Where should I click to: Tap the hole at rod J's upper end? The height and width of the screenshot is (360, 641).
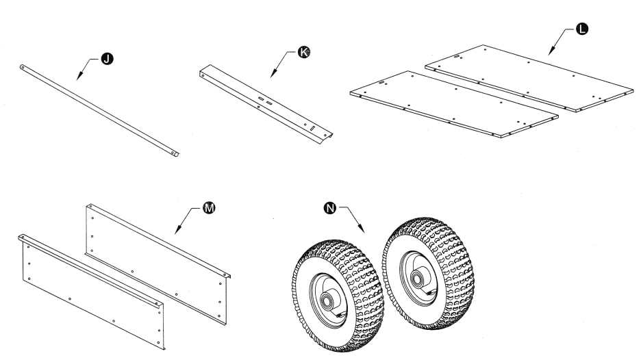click(23, 67)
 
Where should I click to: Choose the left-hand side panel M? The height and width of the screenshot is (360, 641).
click(89, 287)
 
